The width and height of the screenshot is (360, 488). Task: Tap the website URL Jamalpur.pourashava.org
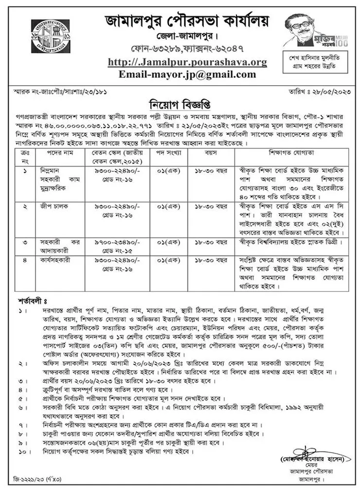point(187,62)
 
